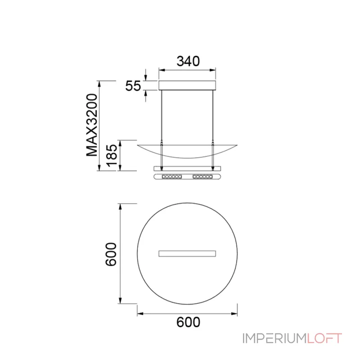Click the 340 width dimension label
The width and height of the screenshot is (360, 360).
tap(188, 61)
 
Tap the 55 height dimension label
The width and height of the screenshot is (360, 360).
tap(133, 86)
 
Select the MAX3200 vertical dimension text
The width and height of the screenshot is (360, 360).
tap(92, 125)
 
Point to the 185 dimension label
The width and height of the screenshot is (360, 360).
tap(112, 155)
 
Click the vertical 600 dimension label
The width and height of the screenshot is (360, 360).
tap(111, 254)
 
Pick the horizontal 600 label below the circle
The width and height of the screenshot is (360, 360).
tap(188, 322)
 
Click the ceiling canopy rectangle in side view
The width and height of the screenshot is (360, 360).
tap(187, 85)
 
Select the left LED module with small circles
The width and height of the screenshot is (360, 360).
tap(172, 176)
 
